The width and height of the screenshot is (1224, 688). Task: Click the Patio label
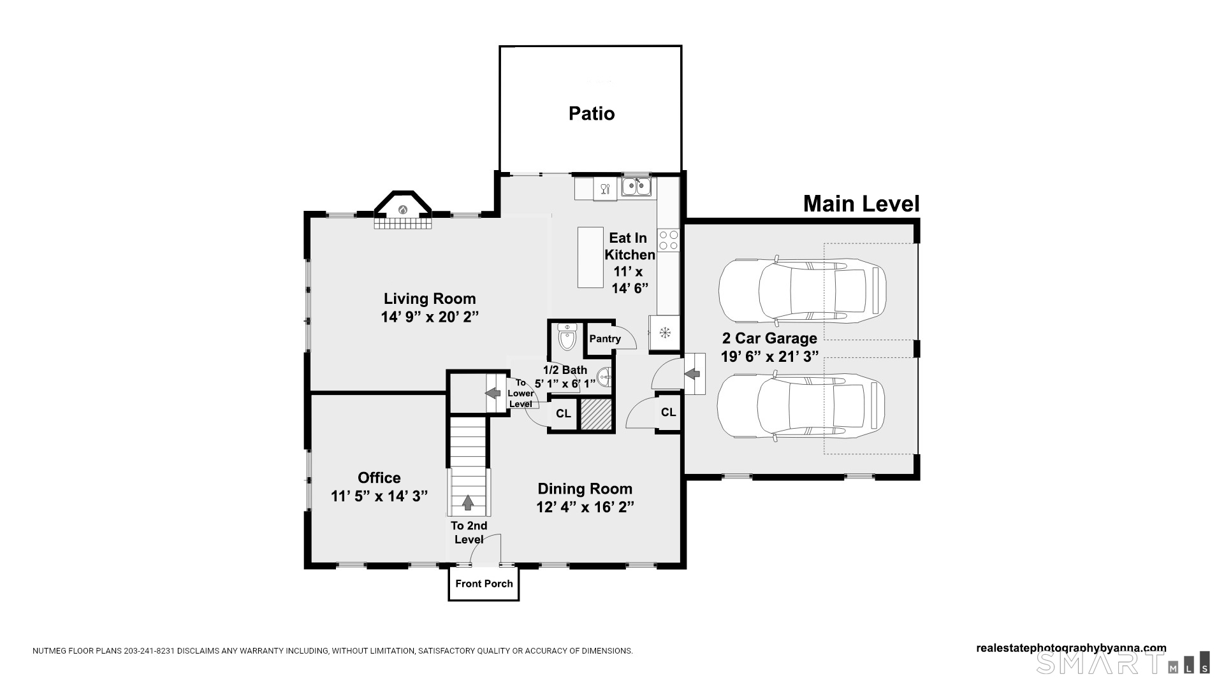tap(592, 113)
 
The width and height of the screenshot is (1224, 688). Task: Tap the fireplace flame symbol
tap(403, 210)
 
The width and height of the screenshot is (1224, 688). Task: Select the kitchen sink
tap(637, 187)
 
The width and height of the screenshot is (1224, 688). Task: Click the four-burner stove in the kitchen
tap(669, 240)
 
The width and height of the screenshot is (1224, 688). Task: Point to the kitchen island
tap(590, 257)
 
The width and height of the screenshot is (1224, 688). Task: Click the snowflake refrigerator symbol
tap(665, 333)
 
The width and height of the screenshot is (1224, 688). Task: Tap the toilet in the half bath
tap(567, 336)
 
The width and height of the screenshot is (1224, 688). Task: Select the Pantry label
tap(605, 339)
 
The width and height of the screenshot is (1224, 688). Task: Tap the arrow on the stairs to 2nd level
tap(468, 503)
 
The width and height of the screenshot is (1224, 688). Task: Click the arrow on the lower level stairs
tap(493, 393)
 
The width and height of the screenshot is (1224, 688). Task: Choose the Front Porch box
tap(484, 584)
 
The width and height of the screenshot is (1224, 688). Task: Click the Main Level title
tap(861, 204)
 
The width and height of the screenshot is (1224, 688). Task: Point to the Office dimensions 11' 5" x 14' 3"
tap(379, 496)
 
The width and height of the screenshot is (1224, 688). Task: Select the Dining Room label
tap(585, 489)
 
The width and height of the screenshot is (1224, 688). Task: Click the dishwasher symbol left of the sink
tap(605, 189)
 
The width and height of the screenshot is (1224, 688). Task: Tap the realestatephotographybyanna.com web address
tap(1071, 649)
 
